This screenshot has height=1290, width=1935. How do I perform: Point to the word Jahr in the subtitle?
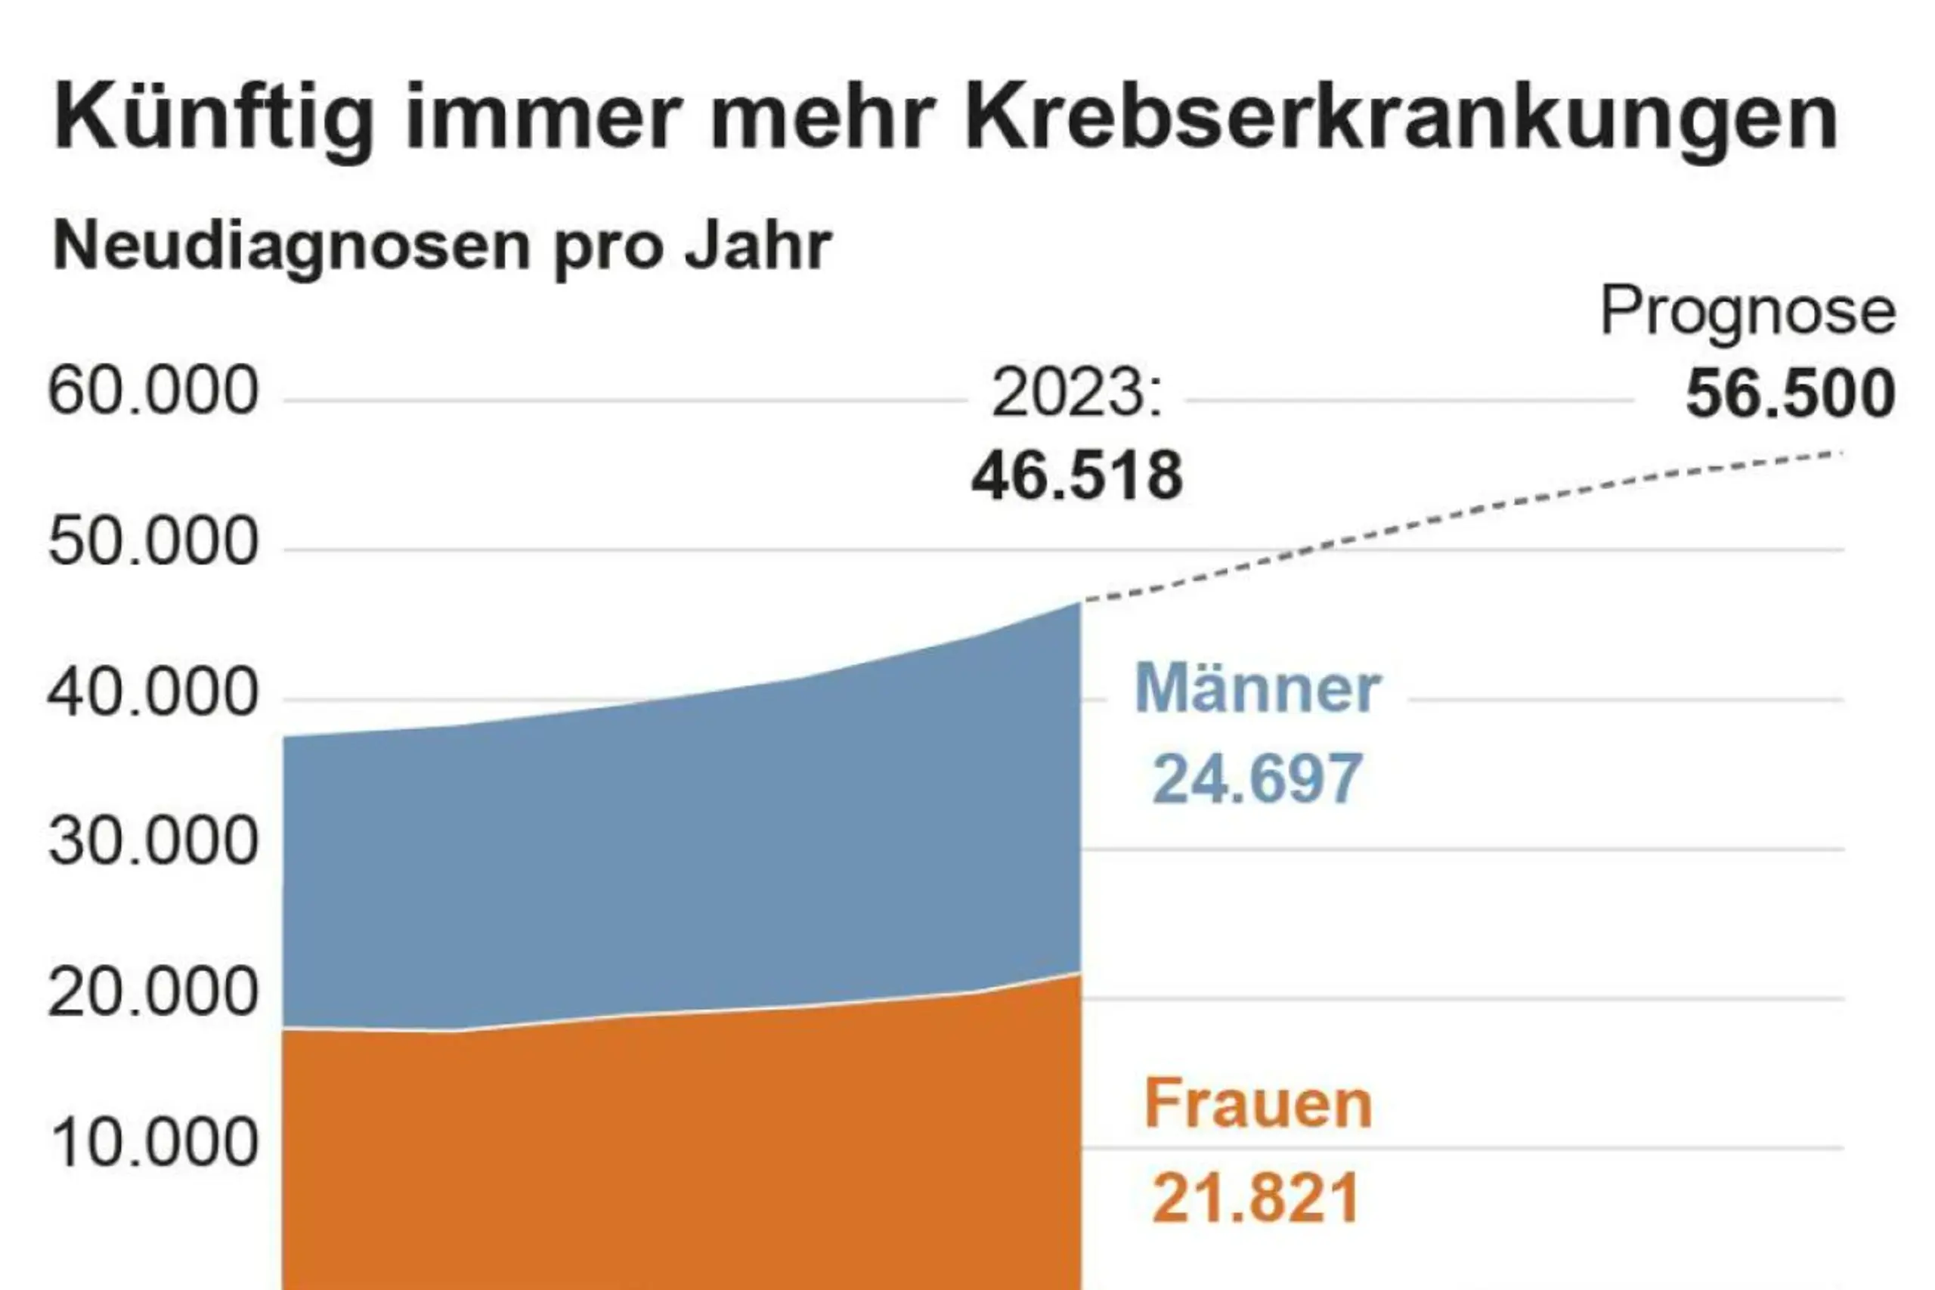(757, 245)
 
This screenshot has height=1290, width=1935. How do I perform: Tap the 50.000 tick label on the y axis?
(153, 543)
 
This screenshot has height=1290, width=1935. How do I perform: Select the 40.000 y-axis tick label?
(153, 693)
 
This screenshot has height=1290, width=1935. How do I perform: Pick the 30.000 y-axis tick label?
(153, 843)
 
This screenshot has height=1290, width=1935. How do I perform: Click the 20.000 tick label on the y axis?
(153, 992)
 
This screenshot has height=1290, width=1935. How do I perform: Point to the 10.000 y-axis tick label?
(153, 1143)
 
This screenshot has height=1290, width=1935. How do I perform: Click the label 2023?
(1077, 394)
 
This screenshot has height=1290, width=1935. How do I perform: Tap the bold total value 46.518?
(1077, 476)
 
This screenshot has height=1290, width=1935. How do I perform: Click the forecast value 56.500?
(1790, 394)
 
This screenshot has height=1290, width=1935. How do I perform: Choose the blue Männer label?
(1257, 688)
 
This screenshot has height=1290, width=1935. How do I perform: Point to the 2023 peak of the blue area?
(1077, 605)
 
